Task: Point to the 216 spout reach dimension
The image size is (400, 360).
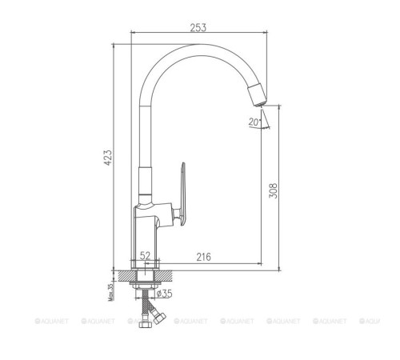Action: pyautogui.click(x=203, y=256)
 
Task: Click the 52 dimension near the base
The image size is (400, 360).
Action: pyautogui.click(x=146, y=256)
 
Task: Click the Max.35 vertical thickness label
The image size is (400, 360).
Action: pyautogui.click(x=109, y=288)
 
